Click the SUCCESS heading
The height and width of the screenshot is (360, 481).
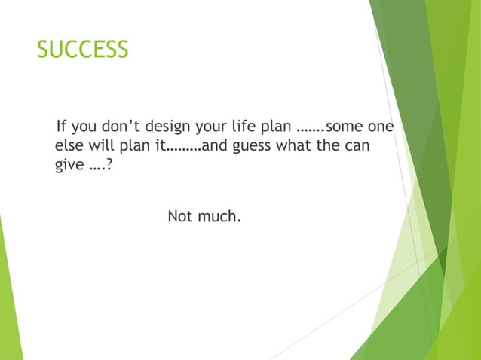pyautogui.click(x=82, y=50)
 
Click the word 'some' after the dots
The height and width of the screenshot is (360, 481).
pyautogui.click(x=346, y=125)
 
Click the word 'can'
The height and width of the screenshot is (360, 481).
pyautogui.click(x=357, y=145)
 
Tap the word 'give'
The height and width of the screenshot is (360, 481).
pyautogui.click(x=70, y=165)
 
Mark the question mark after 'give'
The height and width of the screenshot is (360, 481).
pyautogui.click(x=109, y=164)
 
